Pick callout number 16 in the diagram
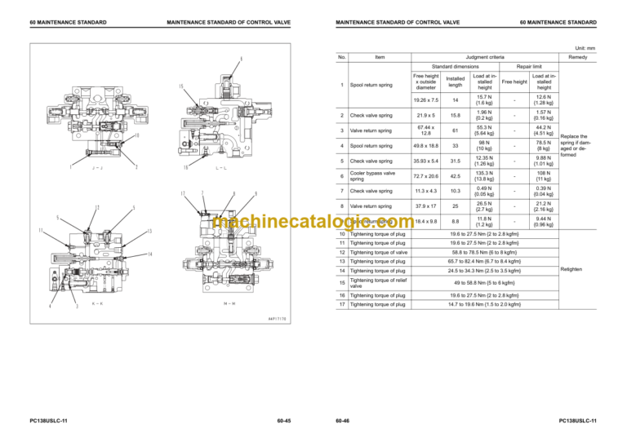186,168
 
